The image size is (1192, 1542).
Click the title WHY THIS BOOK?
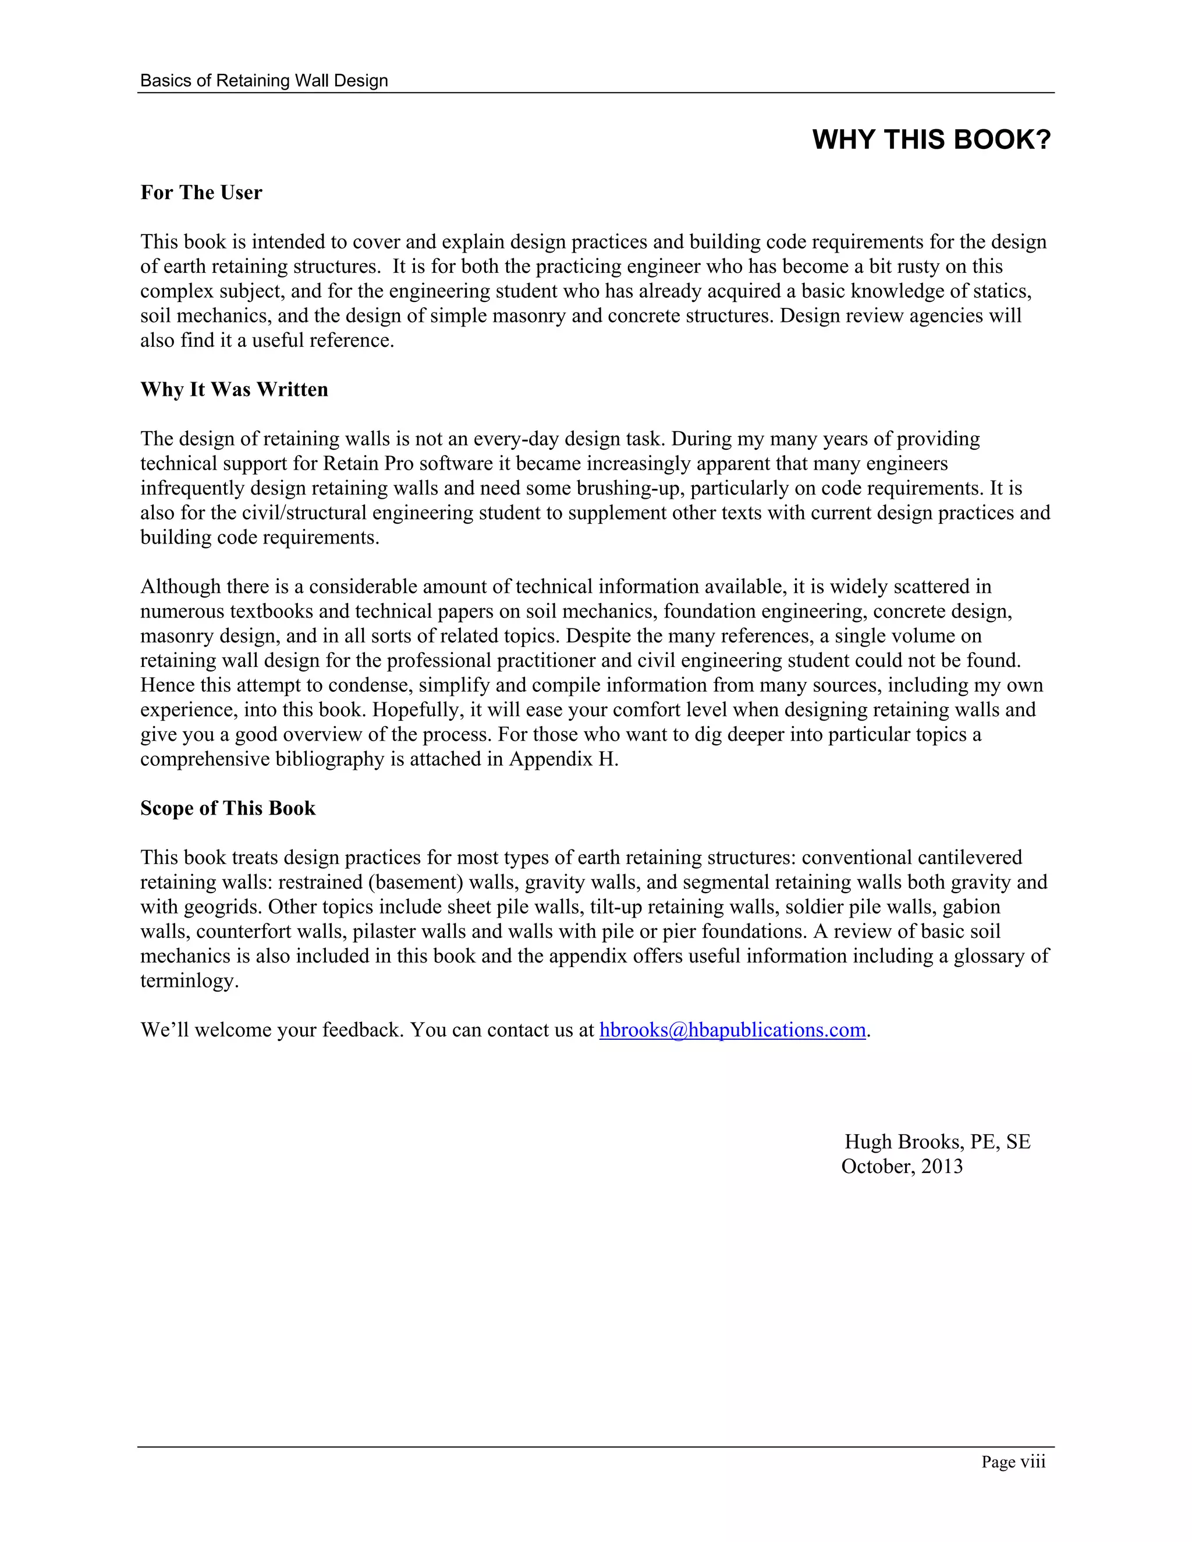931,140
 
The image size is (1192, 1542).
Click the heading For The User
201,193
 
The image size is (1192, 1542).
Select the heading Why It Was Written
235,390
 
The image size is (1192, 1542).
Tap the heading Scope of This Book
228,808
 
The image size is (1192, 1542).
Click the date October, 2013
902,1166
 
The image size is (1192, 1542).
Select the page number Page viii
1013,1462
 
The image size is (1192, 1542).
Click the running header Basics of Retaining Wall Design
264,80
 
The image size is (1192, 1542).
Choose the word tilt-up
615,907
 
